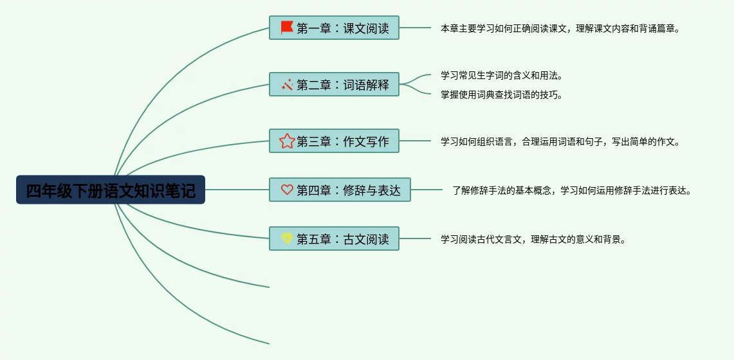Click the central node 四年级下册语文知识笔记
click(x=111, y=190)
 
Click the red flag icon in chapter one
click(x=287, y=28)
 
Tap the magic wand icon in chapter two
click(x=287, y=85)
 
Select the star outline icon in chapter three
click(x=287, y=141)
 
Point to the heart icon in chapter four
click(x=287, y=190)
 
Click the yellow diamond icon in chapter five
click(x=287, y=239)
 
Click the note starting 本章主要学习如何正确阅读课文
click(x=560, y=29)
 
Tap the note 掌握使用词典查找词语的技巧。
click(x=502, y=95)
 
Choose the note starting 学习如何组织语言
click(x=560, y=142)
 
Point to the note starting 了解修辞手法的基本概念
click(x=571, y=191)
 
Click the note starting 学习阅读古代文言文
click(x=533, y=240)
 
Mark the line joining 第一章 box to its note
click(x=415, y=28)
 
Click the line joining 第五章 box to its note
click(x=415, y=239)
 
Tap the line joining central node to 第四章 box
click(x=237, y=190)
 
